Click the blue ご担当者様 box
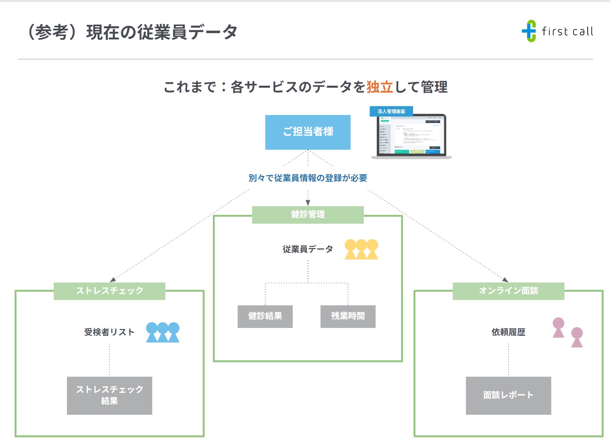[x=308, y=132]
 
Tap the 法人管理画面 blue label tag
[x=391, y=111]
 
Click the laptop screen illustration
[x=411, y=135]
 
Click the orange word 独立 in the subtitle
[x=380, y=87]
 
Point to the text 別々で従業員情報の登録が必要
[x=308, y=178]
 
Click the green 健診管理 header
[x=308, y=215]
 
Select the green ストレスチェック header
[x=109, y=291]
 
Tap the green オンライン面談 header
[x=508, y=291]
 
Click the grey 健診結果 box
[x=265, y=316]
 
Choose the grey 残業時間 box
[x=348, y=316]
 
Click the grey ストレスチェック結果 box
[x=109, y=395]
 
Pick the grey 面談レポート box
[x=508, y=395]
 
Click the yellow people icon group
[x=361, y=249]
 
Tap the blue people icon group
[x=163, y=332]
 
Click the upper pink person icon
[x=558, y=328]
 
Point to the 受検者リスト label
[x=109, y=332]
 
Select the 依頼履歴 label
[x=508, y=332]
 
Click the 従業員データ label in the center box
[x=308, y=249]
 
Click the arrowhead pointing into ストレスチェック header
[x=113, y=280]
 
